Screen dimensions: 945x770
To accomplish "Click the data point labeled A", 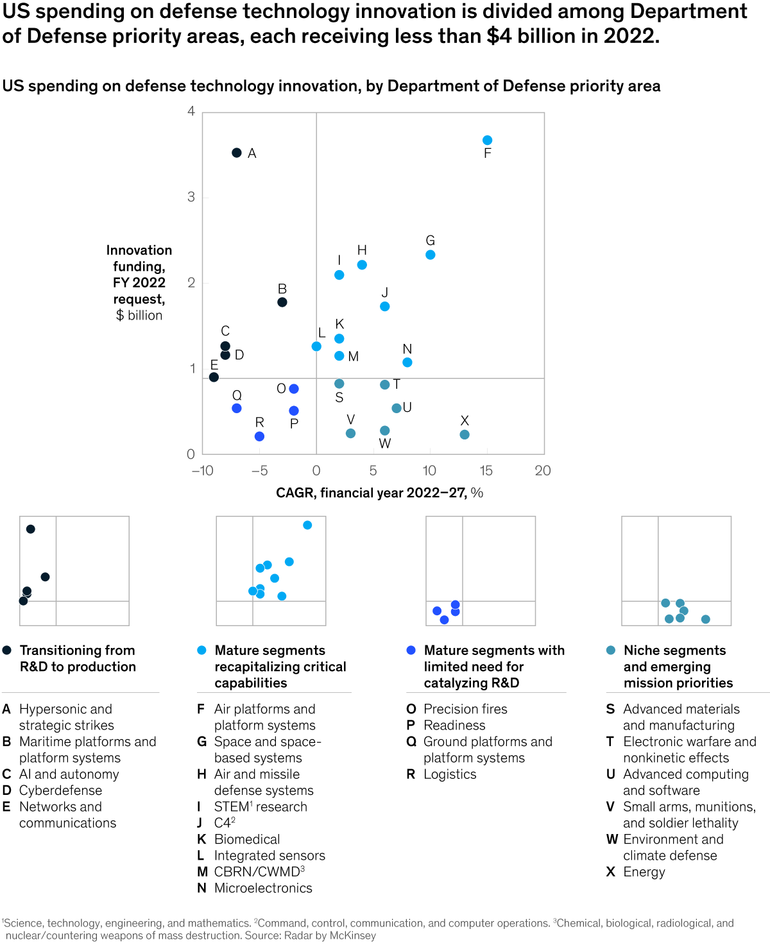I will pos(237,153).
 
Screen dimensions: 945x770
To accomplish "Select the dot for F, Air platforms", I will pos(488,140).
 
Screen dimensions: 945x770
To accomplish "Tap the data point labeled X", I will pos(465,435).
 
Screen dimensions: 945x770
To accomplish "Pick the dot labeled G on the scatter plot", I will pos(431,255).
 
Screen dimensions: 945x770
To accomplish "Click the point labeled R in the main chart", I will pos(259,436).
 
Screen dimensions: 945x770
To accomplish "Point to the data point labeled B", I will pos(282,302).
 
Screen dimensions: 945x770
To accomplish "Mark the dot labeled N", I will pos(407,362).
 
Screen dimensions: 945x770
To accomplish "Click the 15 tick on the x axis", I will pos(486,471).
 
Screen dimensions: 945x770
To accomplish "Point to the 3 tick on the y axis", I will pos(191,197).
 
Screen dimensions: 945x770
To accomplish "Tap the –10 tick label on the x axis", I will pos(202,471).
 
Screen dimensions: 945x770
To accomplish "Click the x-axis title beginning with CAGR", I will pos(379,493).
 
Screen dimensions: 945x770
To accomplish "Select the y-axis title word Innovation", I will pos(139,250).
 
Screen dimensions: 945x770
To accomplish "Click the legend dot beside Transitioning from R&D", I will pos(7,650).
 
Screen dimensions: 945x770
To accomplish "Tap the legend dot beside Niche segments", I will pos(611,650).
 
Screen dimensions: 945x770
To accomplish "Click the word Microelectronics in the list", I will pos(263,889).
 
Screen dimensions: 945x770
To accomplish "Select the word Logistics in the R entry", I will pos(450,774).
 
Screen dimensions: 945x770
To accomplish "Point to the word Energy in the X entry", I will pos(644,873).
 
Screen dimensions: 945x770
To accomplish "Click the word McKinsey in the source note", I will pos(352,935).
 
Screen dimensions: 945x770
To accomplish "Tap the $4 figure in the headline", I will pos(499,36).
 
